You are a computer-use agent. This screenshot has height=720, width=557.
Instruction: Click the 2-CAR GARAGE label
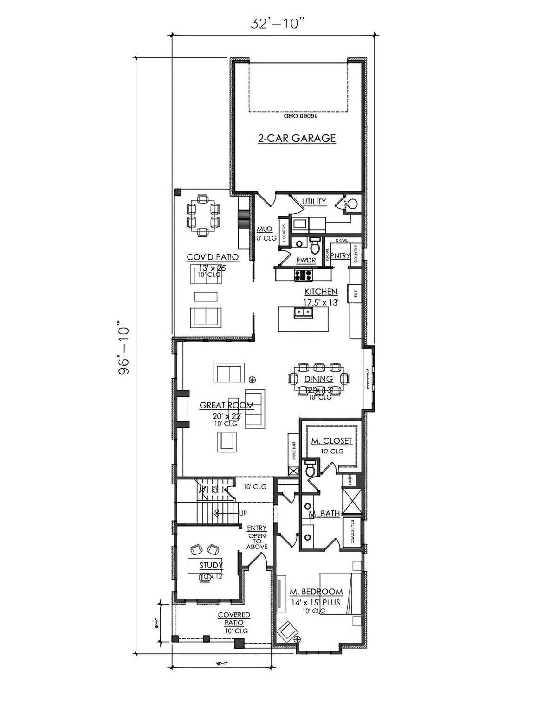coord(296,138)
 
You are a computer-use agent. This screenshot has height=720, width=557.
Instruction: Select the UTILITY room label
coord(314,202)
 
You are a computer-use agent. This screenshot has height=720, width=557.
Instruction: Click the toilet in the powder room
coord(315,243)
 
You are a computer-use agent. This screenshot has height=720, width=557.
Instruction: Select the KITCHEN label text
coord(321,292)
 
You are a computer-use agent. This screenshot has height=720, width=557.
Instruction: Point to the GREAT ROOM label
coord(227,405)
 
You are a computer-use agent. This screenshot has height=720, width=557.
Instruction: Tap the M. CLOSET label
coord(331,441)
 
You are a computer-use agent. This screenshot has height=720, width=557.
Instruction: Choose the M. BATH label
coord(324,513)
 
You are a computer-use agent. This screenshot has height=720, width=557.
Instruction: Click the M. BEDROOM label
coord(316,592)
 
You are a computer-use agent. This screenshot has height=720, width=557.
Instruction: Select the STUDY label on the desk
coord(211,565)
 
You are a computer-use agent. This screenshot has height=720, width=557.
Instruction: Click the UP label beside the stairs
coord(242,514)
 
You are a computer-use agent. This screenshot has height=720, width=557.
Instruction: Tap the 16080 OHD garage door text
coord(300,117)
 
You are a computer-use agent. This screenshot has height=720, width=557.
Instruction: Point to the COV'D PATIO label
coord(213,257)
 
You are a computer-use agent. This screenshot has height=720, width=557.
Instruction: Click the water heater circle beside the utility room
coord(352,204)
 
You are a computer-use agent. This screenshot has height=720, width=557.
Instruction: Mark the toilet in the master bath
coord(310,470)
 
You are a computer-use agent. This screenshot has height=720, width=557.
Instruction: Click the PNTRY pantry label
coord(341,255)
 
